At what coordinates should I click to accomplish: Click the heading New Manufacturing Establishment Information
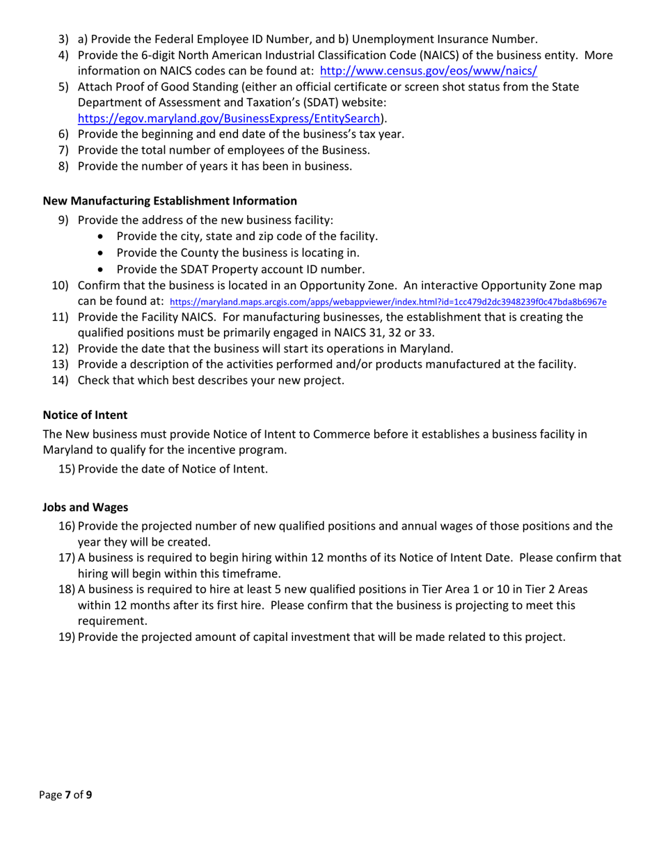pos(170,201)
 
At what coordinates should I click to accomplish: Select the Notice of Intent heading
pos(85,415)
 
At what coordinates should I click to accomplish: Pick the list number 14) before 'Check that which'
pos(61,380)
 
